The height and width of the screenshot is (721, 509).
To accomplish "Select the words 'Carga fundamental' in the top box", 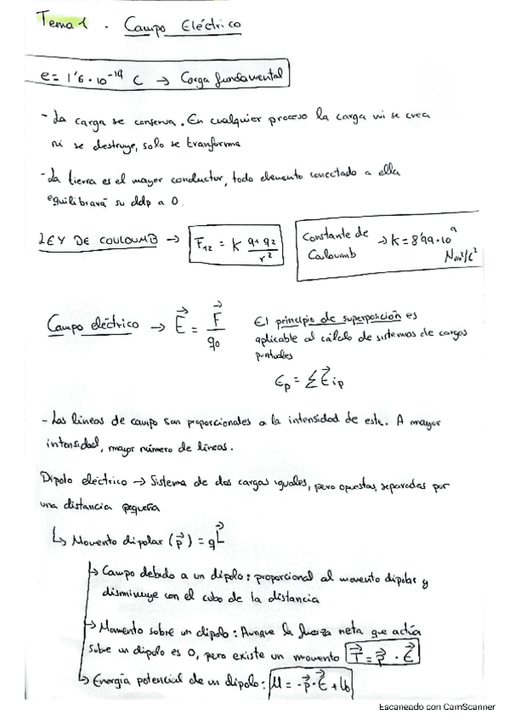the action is (231, 78).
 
